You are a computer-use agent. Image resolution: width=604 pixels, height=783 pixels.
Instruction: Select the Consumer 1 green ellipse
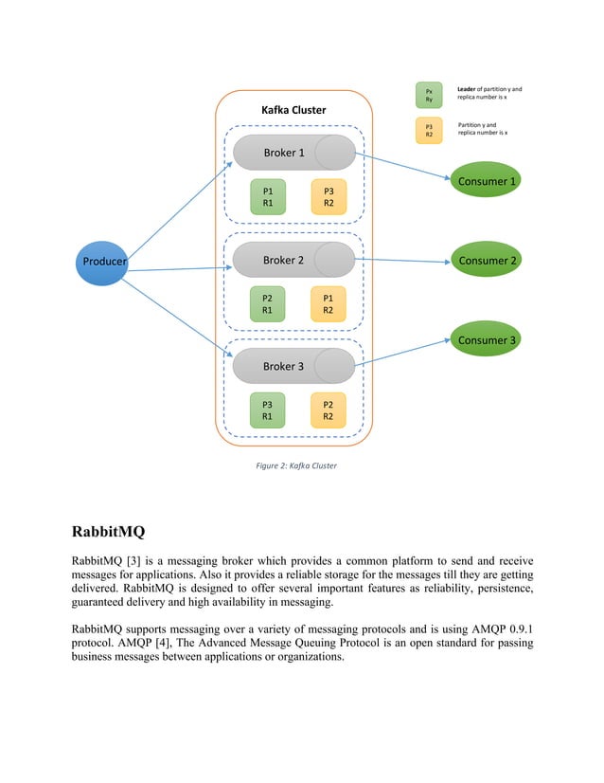point(487,181)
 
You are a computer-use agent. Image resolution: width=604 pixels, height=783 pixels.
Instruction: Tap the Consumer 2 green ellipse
point(487,261)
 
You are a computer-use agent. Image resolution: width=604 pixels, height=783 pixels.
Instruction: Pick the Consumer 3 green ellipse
point(487,340)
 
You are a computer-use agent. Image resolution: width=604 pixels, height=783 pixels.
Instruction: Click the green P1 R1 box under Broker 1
point(268,196)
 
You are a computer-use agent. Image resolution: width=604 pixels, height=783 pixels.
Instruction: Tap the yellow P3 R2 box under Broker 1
point(329,196)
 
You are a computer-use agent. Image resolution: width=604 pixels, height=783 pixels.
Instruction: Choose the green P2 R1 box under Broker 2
point(268,303)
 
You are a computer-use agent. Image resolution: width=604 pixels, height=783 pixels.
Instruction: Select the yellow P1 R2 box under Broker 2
point(329,303)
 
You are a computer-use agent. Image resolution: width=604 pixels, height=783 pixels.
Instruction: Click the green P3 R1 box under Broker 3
point(268,410)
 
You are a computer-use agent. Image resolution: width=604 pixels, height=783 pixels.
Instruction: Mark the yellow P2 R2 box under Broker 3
point(329,410)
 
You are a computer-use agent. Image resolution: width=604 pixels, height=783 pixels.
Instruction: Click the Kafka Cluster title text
point(293,110)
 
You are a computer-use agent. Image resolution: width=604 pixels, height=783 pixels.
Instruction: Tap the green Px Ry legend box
point(429,95)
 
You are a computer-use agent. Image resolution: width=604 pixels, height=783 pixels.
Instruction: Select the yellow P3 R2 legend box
point(429,130)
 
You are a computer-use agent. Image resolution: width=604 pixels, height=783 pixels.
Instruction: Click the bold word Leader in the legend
point(469,89)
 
